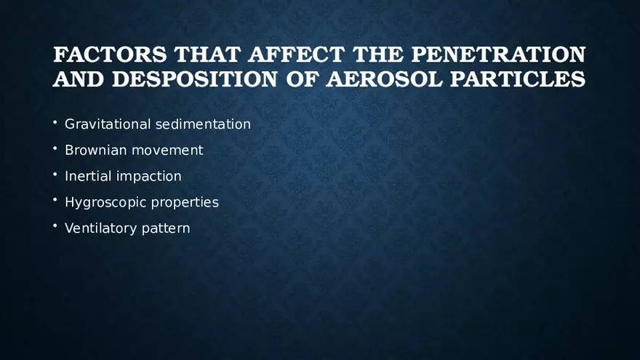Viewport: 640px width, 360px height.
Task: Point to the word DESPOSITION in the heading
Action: click(194, 79)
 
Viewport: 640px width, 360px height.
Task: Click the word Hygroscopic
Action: click(105, 202)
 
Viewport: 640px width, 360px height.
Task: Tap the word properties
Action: click(185, 202)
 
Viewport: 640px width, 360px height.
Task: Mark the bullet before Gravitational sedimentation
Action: click(55, 123)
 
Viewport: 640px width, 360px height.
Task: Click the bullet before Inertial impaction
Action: click(55, 175)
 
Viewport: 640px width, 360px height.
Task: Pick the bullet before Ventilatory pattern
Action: click(55, 227)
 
